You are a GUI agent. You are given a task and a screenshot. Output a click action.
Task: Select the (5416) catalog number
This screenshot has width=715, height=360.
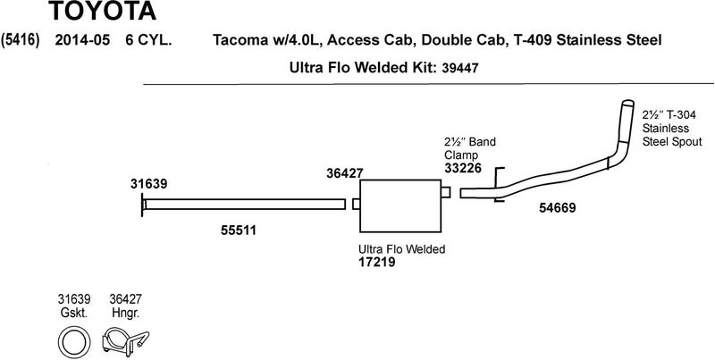[x=20, y=40]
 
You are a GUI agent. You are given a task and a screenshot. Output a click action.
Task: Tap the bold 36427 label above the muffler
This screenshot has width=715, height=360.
[x=345, y=174]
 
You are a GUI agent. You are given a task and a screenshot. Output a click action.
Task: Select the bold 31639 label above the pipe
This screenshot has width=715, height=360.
[x=146, y=184]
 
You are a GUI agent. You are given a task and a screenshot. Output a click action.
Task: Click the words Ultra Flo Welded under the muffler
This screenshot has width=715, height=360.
[x=401, y=249]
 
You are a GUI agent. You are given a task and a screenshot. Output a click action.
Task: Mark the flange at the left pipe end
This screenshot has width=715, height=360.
[x=142, y=205]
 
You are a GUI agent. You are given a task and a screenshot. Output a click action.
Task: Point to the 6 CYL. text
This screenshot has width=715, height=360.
[x=149, y=40]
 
